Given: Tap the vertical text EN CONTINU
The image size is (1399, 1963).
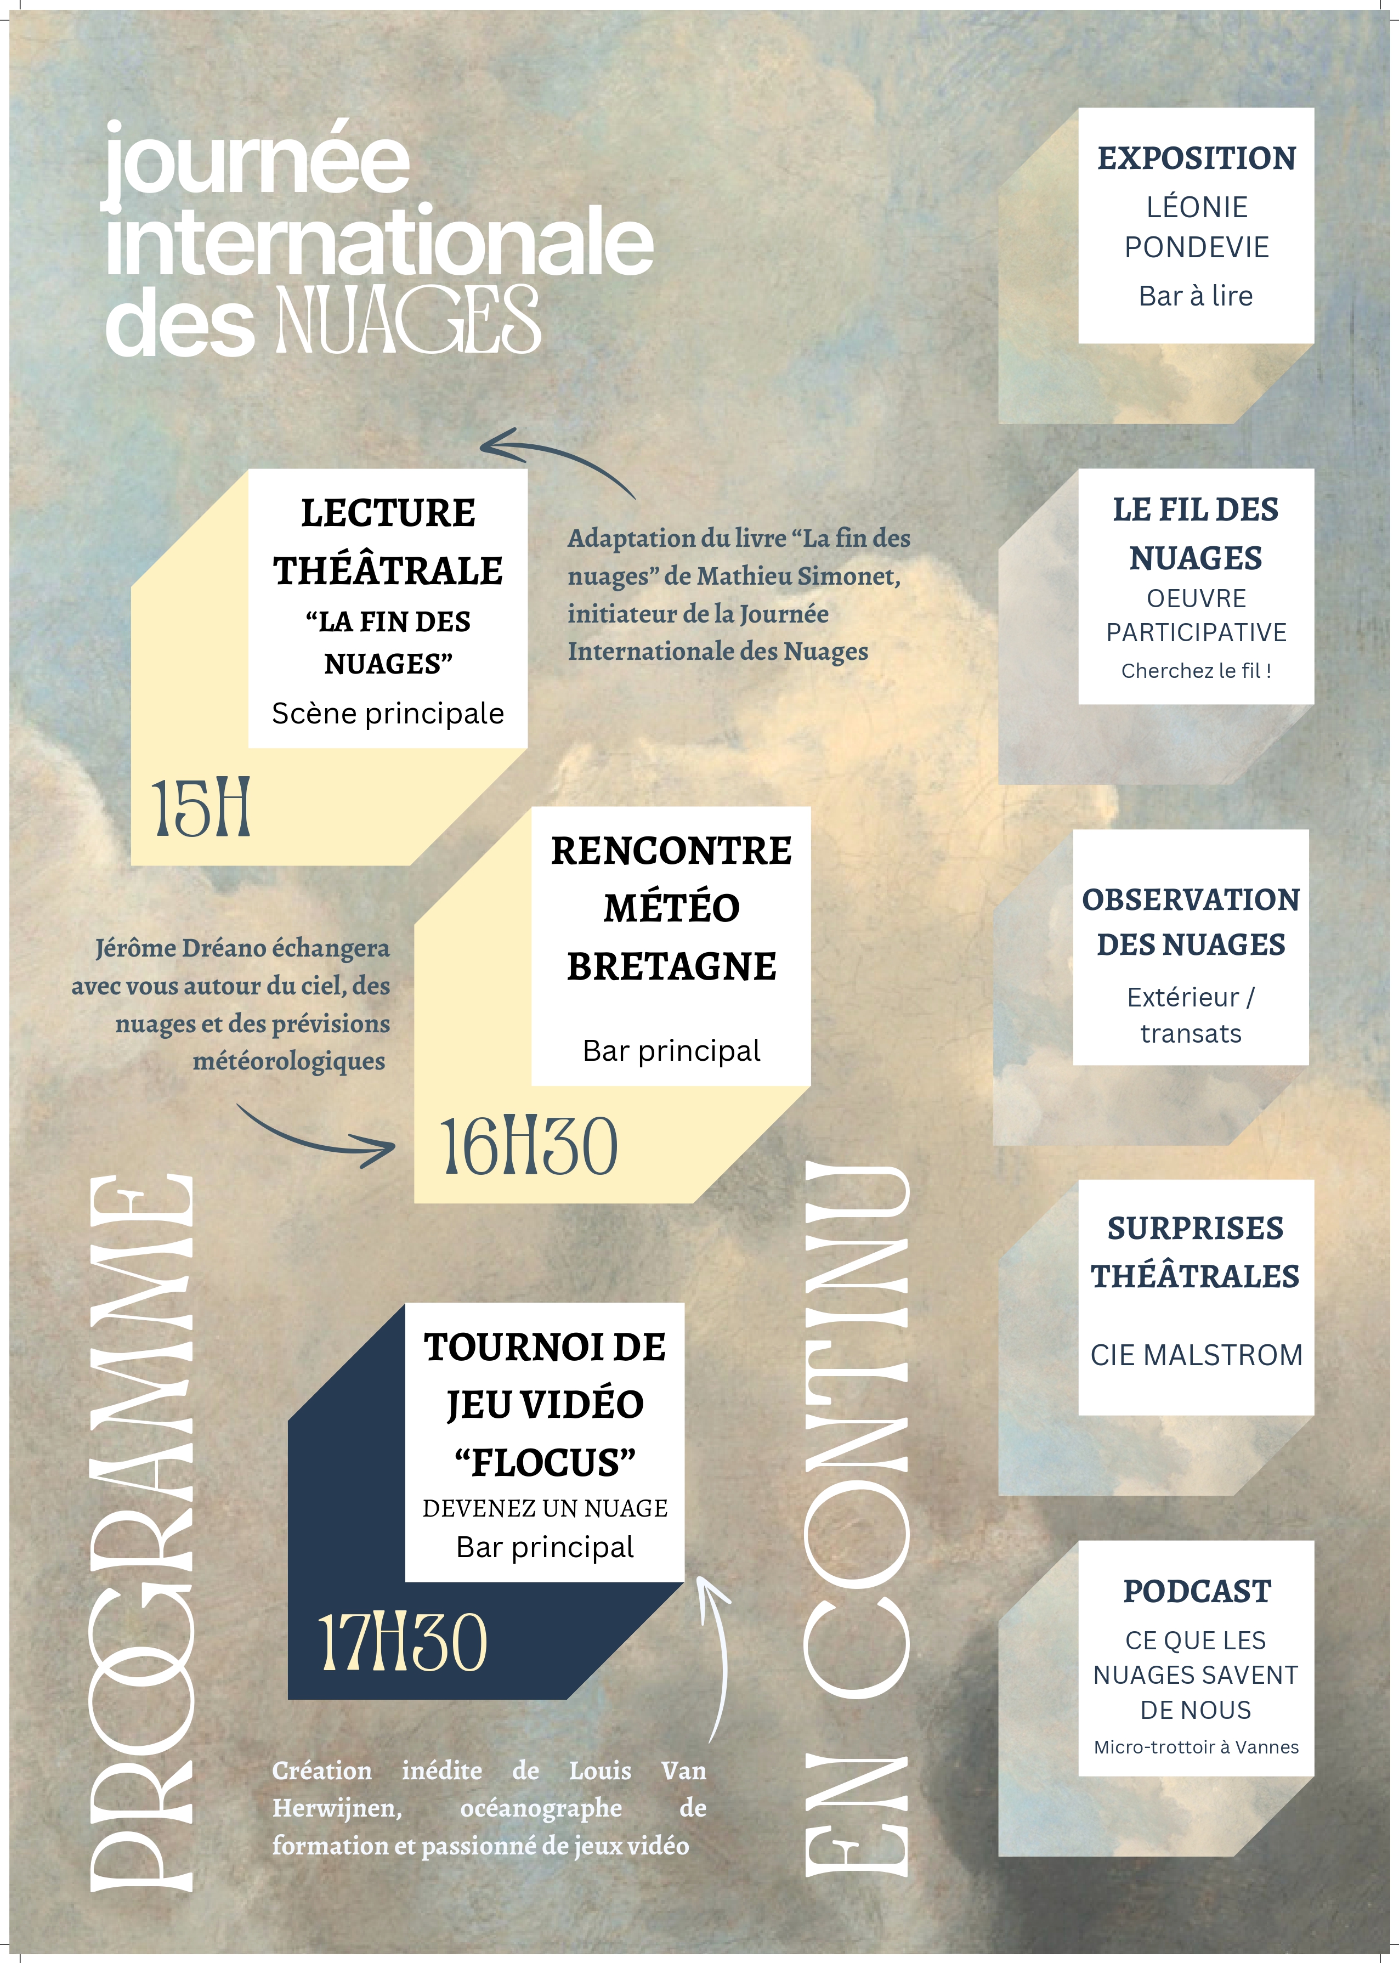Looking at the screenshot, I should (x=857, y=1520).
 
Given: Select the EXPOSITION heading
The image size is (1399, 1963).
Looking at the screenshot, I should (x=1196, y=159).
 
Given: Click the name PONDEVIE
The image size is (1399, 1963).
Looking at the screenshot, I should (x=1196, y=248).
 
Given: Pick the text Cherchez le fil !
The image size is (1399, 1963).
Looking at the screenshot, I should (x=1196, y=671).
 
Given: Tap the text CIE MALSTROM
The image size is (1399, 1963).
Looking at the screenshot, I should (x=1196, y=1355).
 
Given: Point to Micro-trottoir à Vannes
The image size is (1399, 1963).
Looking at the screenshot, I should (x=1196, y=1747).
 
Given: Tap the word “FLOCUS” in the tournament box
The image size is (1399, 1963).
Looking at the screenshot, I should (x=545, y=1463).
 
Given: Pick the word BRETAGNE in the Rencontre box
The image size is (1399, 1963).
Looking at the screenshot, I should (x=671, y=966).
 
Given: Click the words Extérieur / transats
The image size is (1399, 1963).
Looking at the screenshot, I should (x=1191, y=1015).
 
